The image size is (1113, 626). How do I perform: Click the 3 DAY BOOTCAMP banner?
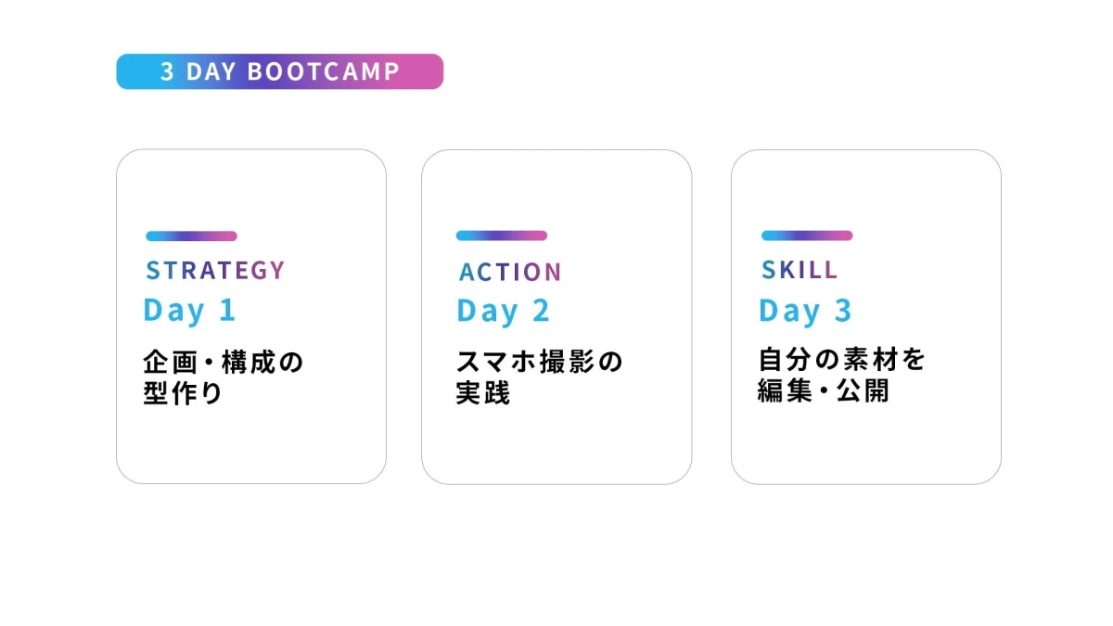(x=279, y=71)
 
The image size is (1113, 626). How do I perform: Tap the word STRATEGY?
(x=215, y=271)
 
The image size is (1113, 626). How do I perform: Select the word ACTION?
(x=510, y=273)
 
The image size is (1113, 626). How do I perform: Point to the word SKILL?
(x=800, y=270)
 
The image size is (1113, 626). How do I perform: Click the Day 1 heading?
(x=189, y=311)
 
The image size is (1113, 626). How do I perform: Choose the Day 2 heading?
(x=503, y=312)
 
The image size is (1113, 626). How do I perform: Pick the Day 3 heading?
(x=804, y=312)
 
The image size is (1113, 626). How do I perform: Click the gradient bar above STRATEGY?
(x=191, y=236)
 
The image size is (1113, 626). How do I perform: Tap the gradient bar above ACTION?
(x=501, y=236)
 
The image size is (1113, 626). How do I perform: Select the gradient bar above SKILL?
(x=806, y=236)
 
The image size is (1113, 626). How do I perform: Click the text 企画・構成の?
(x=224, y=362)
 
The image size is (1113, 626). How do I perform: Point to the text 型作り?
(x=183, y=393)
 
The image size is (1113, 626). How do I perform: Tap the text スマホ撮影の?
(x=539, y=362)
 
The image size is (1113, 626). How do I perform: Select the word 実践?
(x=483, y=393)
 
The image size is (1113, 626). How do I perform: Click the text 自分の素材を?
(x=842, y=360)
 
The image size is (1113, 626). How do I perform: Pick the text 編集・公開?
(x=824, y=391)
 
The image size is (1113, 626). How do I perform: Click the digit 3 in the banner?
(x=167, y=72)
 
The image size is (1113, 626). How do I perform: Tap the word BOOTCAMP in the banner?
(x=324, y=72)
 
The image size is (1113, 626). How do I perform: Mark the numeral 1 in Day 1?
(x=227, y=311)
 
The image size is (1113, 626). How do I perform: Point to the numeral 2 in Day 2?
(x=541, y=312)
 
